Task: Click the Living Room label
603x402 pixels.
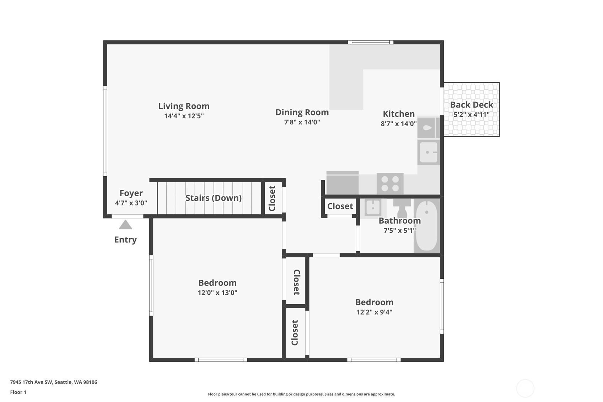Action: [184, 106]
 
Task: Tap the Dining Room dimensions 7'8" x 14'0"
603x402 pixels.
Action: [302, 122]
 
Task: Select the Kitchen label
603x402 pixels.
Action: [399, 114]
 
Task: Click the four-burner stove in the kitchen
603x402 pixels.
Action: [390, 184]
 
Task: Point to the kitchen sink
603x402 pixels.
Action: [429, 152]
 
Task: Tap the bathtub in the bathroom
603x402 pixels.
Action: [427, 226]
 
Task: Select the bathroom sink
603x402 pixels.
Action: [373, 208]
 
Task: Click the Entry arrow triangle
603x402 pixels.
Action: [125, 225]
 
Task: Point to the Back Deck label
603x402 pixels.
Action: [472, 105]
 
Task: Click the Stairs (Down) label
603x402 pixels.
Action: [214, 198]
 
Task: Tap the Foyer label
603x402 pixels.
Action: [131, 193]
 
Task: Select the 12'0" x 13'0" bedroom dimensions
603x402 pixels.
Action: [217, 293]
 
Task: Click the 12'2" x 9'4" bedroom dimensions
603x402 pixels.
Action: [375, 312]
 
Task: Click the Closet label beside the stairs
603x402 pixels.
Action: [272, 198]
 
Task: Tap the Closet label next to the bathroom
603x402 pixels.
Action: [340, 206]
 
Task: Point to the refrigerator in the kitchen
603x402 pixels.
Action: [343, 183]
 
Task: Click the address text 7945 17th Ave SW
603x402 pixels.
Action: [32, 382]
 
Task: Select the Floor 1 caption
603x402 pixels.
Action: [18, 392]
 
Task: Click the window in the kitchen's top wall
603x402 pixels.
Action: [371, 42]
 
